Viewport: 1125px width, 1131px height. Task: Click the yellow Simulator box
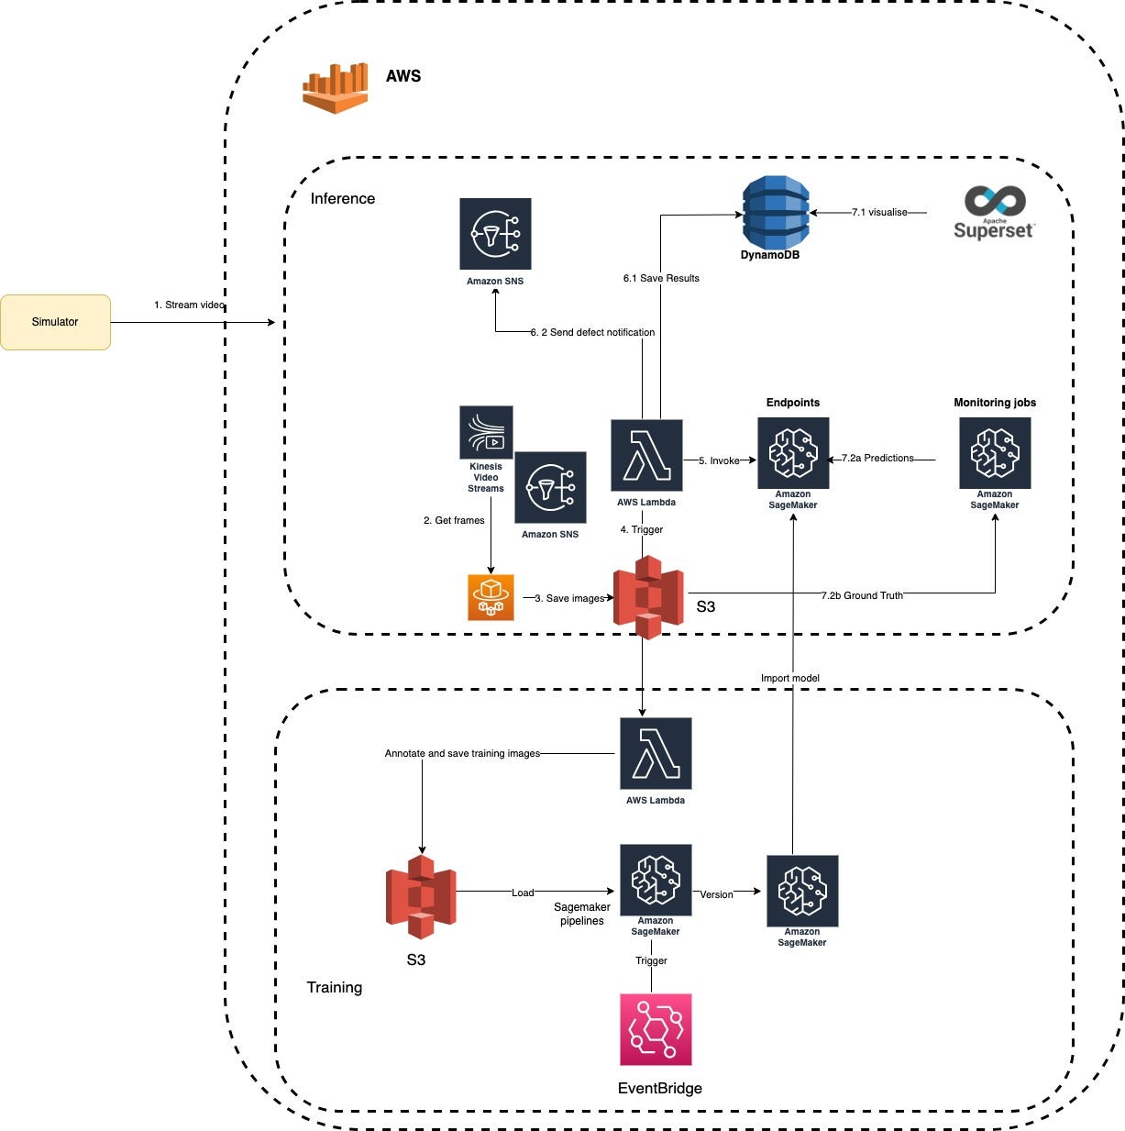click(x=55, y=322)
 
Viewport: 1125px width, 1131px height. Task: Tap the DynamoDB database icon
click(x=775, y=213)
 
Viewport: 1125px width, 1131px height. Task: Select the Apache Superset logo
click(x=994, y=213)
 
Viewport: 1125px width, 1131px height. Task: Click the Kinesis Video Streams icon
click(x=486, y=433)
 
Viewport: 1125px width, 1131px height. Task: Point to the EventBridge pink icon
click(x=656, y=1029)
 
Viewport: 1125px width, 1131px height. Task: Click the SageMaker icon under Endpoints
click(x=793, y=453)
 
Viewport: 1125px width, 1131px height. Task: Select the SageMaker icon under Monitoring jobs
click(x=995, y=453)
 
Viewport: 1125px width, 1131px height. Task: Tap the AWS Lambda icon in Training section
click(x=656, y=753)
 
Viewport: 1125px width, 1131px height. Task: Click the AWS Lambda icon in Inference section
click(x=646, y=455)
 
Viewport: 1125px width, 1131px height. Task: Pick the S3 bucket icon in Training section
click(x=421, y=896)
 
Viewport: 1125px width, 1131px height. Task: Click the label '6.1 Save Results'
click(x=661, y=278)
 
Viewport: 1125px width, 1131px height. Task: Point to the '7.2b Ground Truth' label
click(x=862, y=595)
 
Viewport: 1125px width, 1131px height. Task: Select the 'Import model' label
click(x=790, y=678)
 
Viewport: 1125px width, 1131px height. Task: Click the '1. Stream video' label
click(x=189, y=305)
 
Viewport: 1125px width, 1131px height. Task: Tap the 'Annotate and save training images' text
click(x=462, y=753)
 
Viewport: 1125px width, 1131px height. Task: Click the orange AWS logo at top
click(x=336, y=87)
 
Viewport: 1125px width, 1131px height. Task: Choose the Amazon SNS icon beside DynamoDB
click(x=495, y=234)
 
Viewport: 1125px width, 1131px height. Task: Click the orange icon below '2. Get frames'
click(x=491, y=597)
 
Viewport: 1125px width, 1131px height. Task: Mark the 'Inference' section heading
click(x=342, y=198)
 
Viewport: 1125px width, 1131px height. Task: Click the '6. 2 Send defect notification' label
click(x=592, y=332)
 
